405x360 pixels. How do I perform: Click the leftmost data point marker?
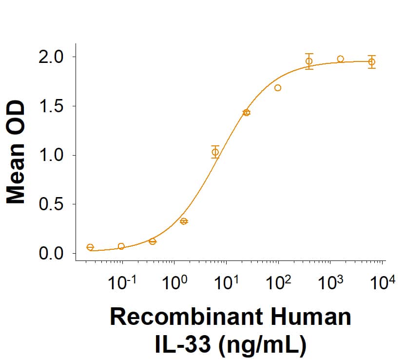(90, 247)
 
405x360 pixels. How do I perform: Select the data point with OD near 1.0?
(215, 152)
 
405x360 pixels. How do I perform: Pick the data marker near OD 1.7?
(278, 88)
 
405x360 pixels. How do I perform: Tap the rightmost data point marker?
(372, 62)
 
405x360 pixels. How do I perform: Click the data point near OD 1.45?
(247, 113)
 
